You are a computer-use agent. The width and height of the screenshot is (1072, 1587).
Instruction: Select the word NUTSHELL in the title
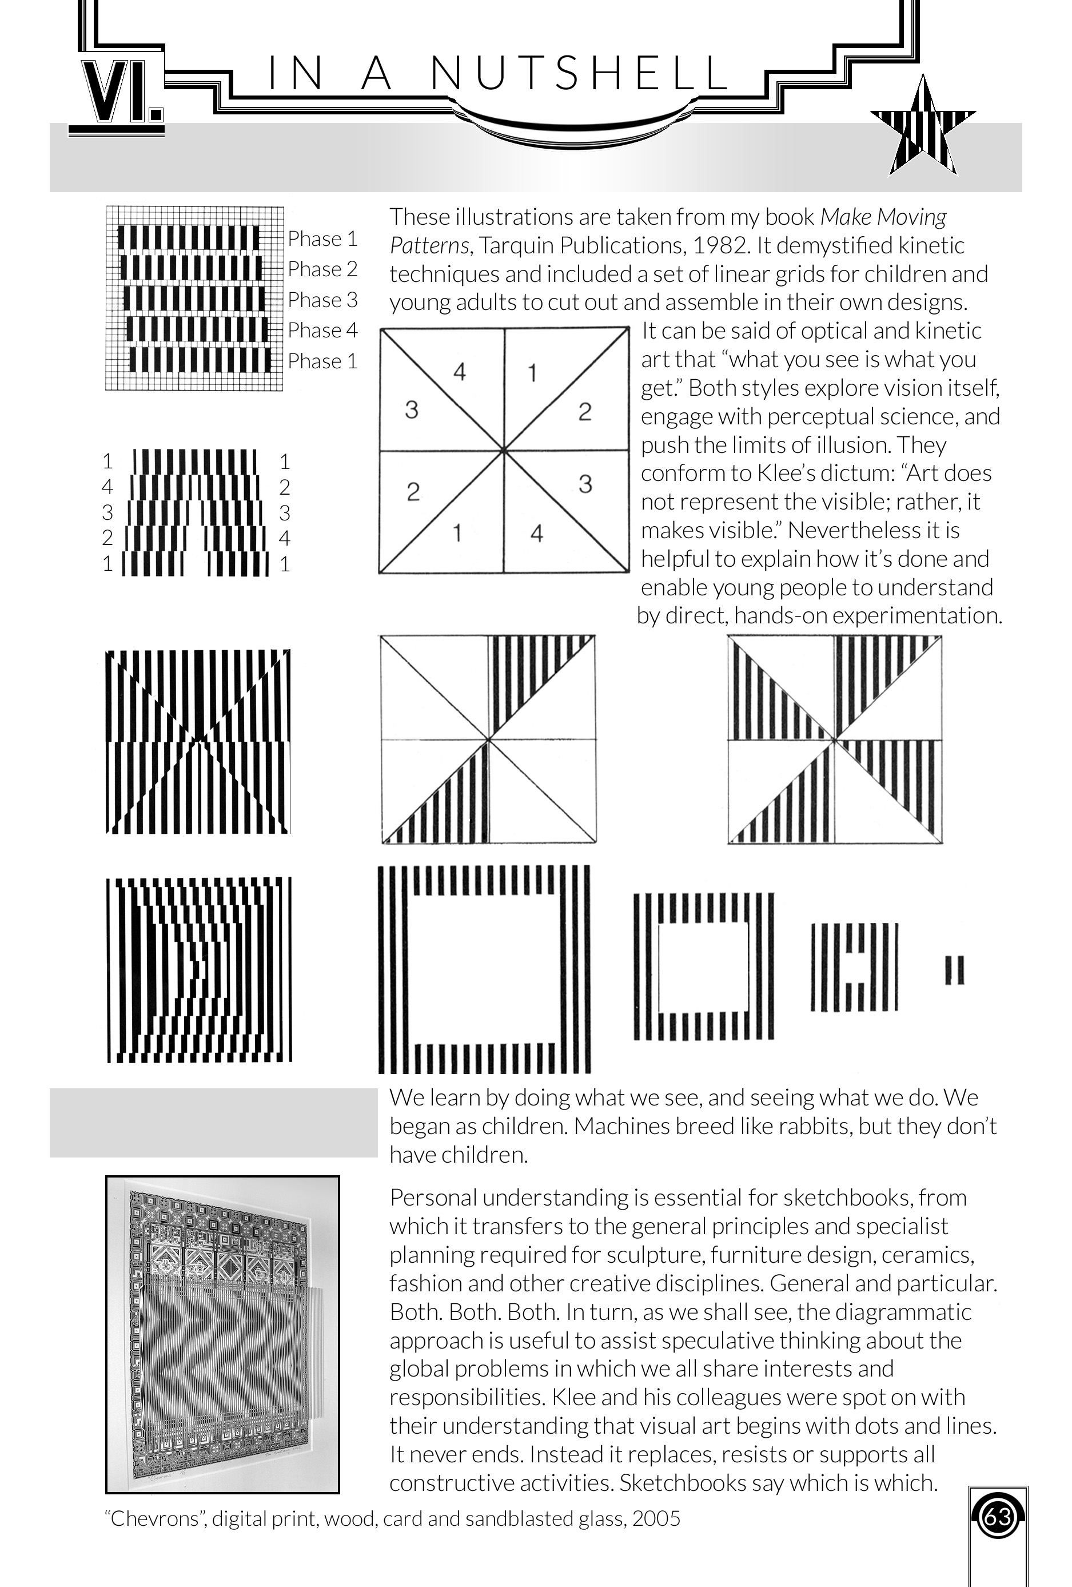[x=580, y=74]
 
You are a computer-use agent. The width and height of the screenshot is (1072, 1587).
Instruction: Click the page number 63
[x=997, y=1517]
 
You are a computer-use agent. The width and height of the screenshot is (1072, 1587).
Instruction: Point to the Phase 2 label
[x=322, y=269]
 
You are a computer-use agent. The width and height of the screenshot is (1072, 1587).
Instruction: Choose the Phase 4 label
[x=322, y=331]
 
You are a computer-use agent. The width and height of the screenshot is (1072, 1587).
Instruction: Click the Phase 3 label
[x=322, y=300]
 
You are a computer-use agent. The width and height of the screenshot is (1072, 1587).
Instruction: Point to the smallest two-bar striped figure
[x=954, y=970]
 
